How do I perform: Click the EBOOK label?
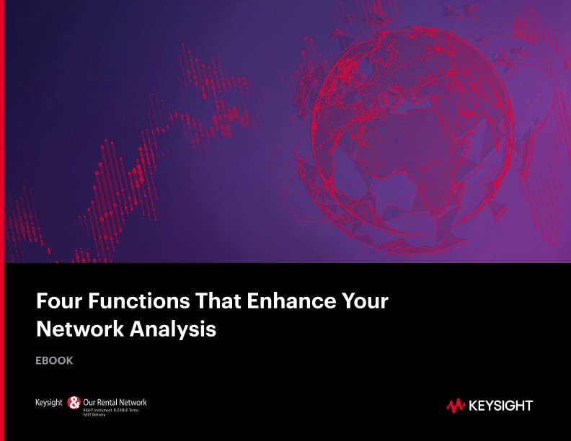click(x=54, y=360)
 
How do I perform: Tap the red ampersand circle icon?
click(x=74, y=403)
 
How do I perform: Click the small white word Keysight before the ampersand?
click(x=49, y=402)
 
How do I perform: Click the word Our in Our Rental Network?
click(x=89, y=402)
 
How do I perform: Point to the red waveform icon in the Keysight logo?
click(x=456, y=406)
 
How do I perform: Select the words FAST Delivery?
click(x=96, y=415)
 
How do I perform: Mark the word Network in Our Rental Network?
click(x=133, y=402)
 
